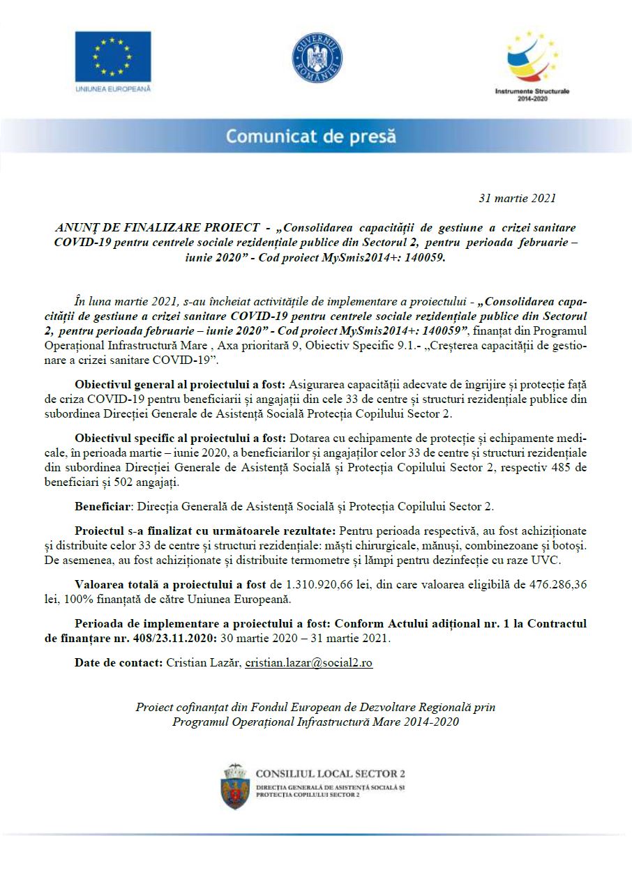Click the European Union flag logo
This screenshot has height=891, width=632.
pos(113,56)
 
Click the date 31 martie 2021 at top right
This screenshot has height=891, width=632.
pos(517,198)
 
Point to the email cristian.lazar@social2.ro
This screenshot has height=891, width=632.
pos(308,663)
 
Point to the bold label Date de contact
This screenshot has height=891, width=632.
pos(119,663)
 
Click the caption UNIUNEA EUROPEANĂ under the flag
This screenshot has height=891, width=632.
pos(112,89)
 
